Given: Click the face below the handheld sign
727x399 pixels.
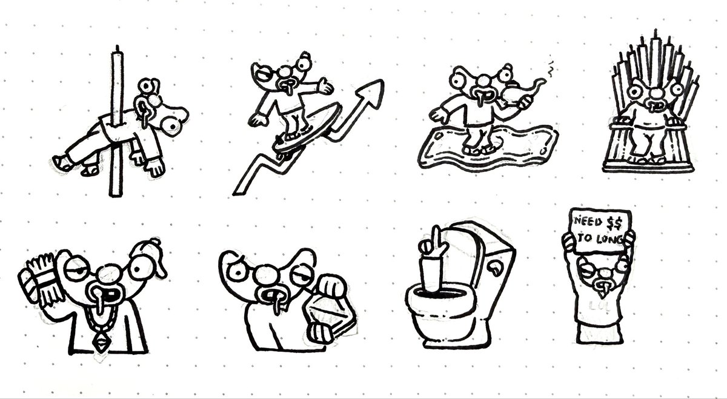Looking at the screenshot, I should pos(599,272).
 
